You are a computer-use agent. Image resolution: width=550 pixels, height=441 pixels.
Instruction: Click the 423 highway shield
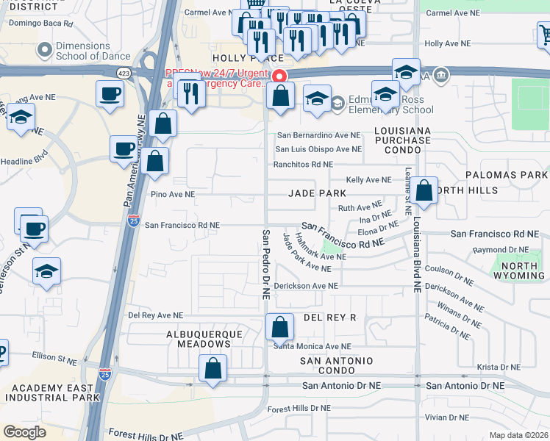[x=122, y=72]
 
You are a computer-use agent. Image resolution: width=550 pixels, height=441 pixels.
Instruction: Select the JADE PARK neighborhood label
[x=317, y=193]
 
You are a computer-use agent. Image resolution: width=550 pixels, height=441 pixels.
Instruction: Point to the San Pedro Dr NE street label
[x=266, y=262]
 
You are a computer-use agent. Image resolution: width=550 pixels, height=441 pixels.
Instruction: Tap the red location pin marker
[x=279, y=77]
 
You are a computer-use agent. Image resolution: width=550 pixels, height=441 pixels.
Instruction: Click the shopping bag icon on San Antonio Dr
[x=213, y=367]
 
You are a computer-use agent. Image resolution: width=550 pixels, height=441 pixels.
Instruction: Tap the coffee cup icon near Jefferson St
[x=33, y=228]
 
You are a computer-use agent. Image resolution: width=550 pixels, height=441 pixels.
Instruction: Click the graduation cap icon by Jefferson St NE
[x=46, y=272]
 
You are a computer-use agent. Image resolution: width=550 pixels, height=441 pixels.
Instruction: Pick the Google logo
[x=25, y=431]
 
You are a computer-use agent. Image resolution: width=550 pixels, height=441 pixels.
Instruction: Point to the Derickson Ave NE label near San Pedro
[x=306, y=286]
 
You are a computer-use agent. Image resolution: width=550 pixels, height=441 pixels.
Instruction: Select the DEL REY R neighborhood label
[x=329, y=318]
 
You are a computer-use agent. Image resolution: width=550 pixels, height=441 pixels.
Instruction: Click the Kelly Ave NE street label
[x=369, y=180]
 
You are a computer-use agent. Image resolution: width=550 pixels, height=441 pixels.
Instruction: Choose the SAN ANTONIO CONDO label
[x=337, y=365]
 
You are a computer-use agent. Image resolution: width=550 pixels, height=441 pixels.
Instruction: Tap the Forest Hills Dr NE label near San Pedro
[x=299, y=409]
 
